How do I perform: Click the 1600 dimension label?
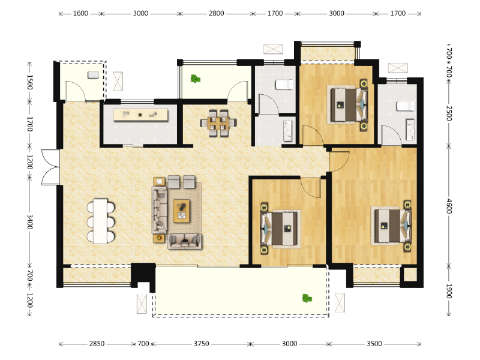click(80, 13)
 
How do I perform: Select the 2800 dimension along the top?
click(217, 13)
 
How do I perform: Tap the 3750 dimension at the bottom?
click(202, 344)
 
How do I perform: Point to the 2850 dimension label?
click(97, 344)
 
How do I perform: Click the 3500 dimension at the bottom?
click(374, 344)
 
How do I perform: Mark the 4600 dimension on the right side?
click(449, 206)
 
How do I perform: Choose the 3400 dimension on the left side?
click(29, 221)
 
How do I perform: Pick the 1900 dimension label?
click(449, 291)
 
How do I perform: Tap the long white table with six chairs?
click(100, 221)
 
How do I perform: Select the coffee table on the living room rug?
click(182, 211)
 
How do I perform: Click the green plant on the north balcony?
click(195, 79)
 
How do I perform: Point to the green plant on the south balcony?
click(307, 298)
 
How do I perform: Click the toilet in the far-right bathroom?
click(406, 106)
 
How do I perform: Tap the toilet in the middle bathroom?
click(284, 85)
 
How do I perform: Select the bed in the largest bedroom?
click(391, 226)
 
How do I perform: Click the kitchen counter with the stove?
click(140, 115)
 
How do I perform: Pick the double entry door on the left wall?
click(51, 167)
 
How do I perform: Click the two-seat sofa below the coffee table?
click(185, 241)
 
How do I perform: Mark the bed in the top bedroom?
click(347, 105)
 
